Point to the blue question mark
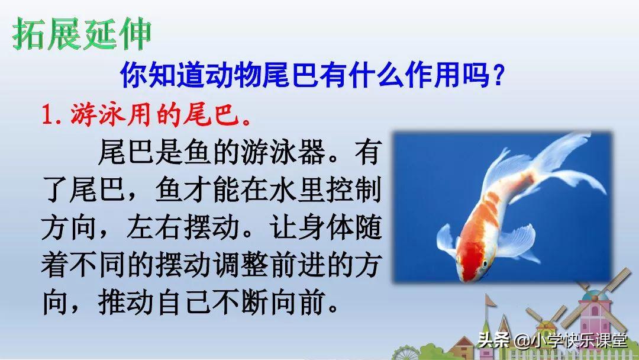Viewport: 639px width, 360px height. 498,76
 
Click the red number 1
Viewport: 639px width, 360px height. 49,115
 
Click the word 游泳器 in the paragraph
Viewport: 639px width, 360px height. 283,152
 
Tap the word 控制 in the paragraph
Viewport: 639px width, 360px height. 353,189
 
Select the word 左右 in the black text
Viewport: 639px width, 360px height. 154,227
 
